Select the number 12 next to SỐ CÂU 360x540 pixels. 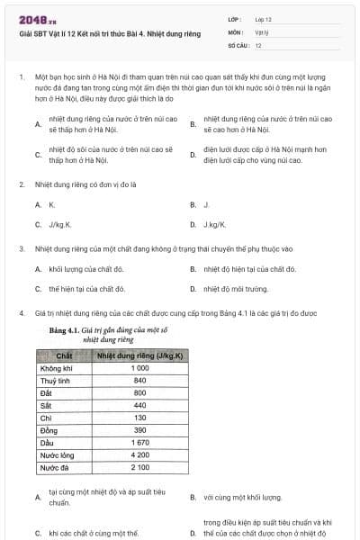[258, 45]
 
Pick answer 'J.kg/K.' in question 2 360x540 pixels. [213, 224]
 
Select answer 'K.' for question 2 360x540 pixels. [52, 204]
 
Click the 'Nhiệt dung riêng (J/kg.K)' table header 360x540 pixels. [139, 356]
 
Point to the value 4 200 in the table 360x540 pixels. [139, 455]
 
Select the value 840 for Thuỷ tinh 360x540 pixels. [139, 381]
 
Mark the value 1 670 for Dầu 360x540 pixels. [139, 443]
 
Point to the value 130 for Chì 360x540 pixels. [139, 418]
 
